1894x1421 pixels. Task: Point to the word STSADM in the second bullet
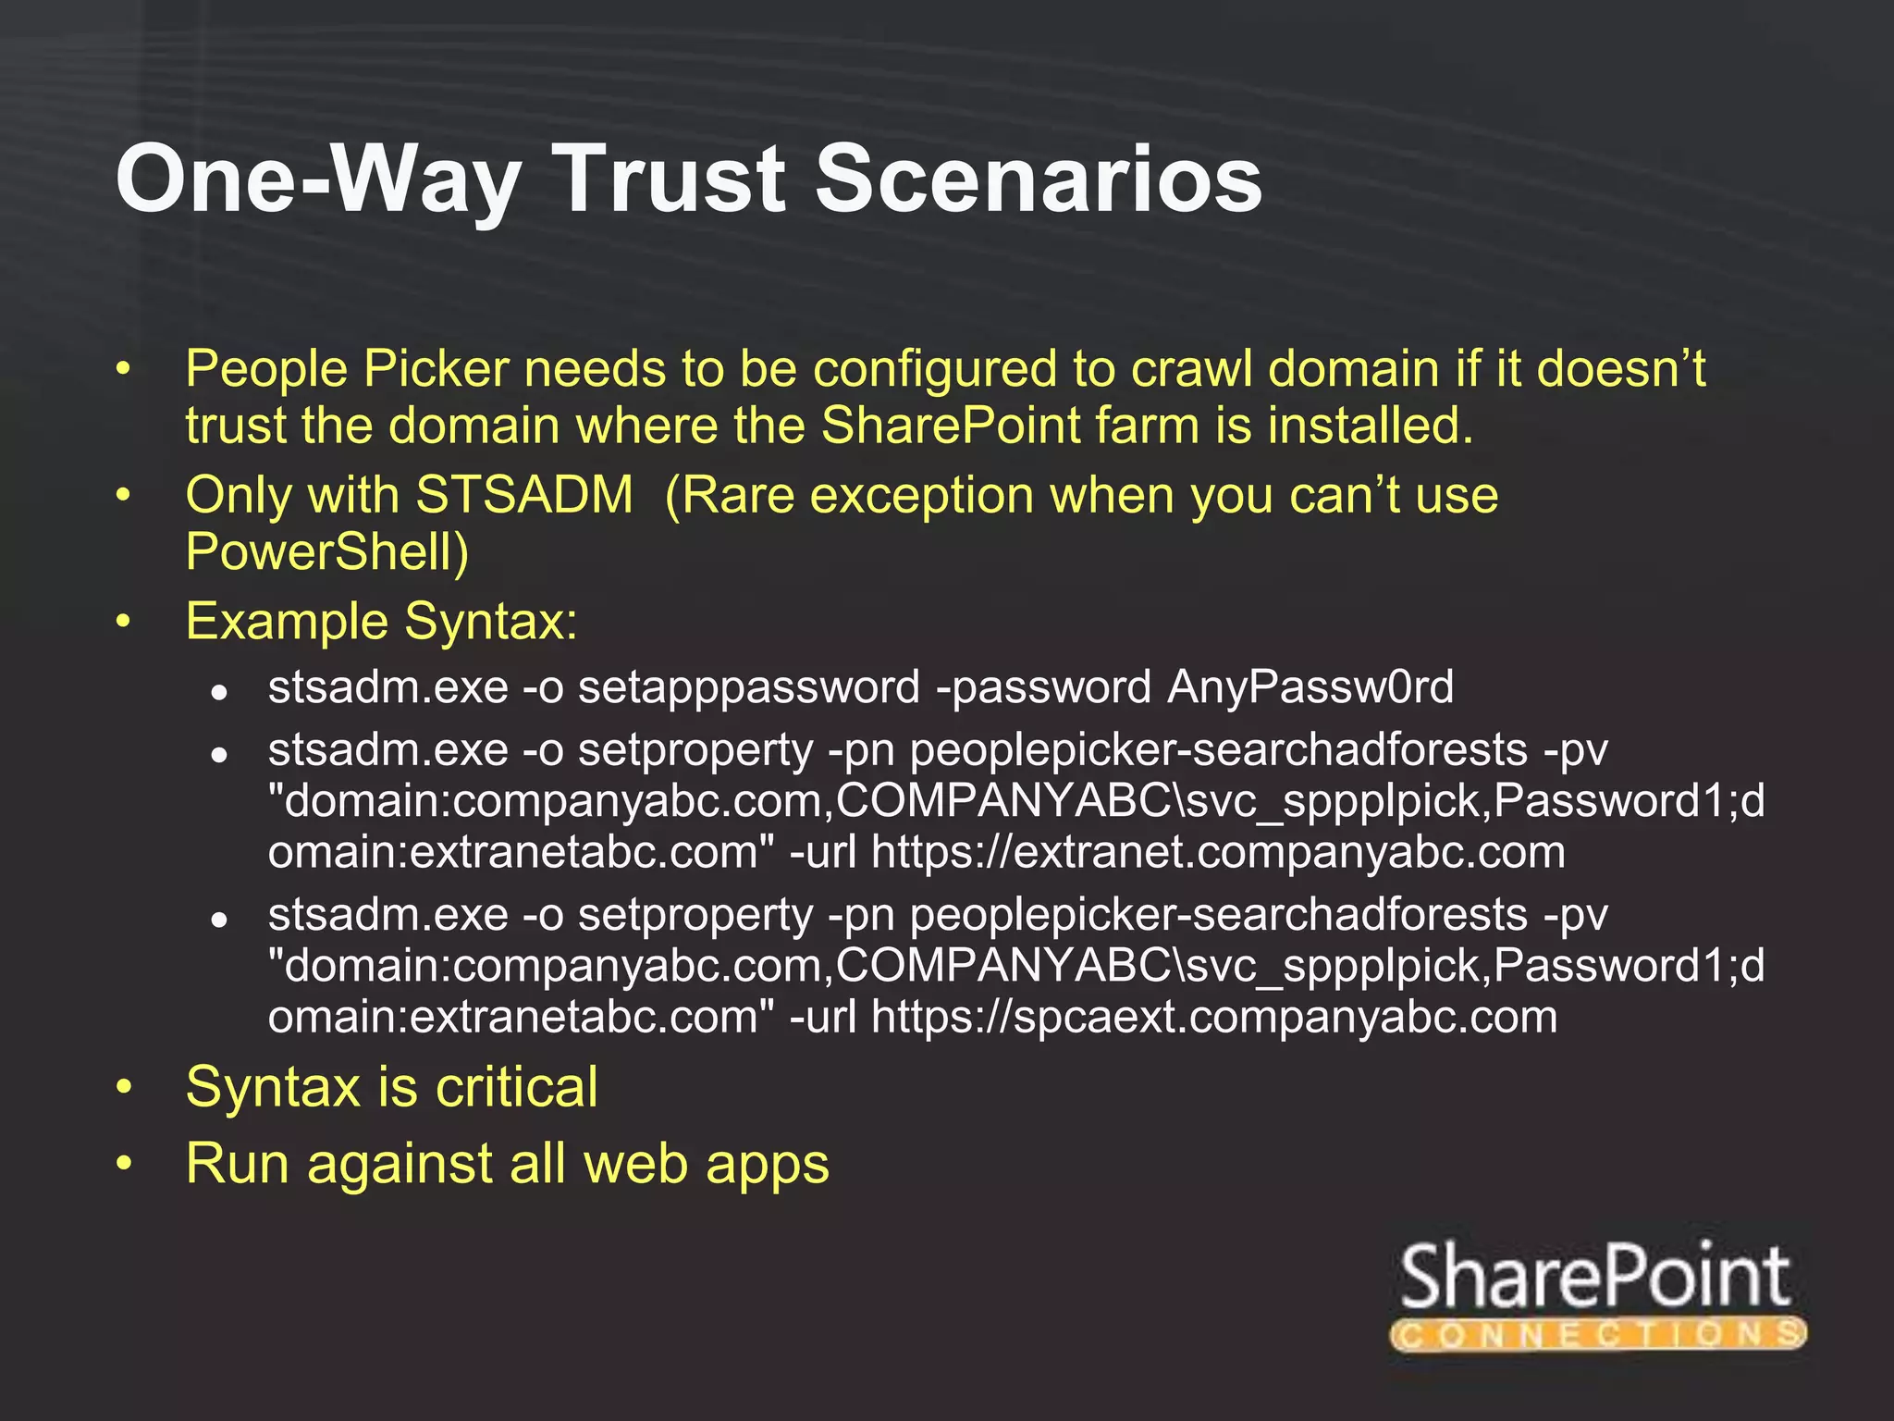pos(524,495)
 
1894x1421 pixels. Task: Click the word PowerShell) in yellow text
pos(327,552)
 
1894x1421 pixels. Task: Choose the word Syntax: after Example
pos(491,621)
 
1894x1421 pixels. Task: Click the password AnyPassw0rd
pos(1310,687)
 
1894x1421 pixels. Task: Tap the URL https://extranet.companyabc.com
pos(1218,852)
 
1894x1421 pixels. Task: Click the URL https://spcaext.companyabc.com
pos(1214,1017)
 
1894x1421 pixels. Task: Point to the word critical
pos(517,1087)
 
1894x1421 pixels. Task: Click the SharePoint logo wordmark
pos(1595,1278)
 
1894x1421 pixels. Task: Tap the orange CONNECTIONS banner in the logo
pos(1598,1335)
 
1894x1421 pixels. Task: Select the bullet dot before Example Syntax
pos(124,622)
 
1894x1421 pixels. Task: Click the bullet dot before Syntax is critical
pos(124,1087)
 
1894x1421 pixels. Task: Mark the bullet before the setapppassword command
pos(218,691)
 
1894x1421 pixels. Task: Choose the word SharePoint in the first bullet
pos(950,426)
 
